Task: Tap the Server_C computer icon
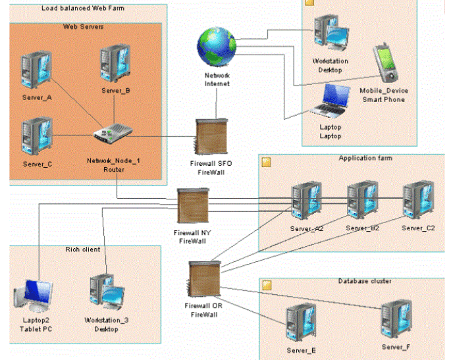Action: click(x=36, y=136)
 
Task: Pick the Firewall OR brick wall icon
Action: click(x=201, y=279)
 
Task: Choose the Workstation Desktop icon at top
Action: click(x=330, y=34)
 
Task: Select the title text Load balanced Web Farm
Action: click(x=83, y=8)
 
